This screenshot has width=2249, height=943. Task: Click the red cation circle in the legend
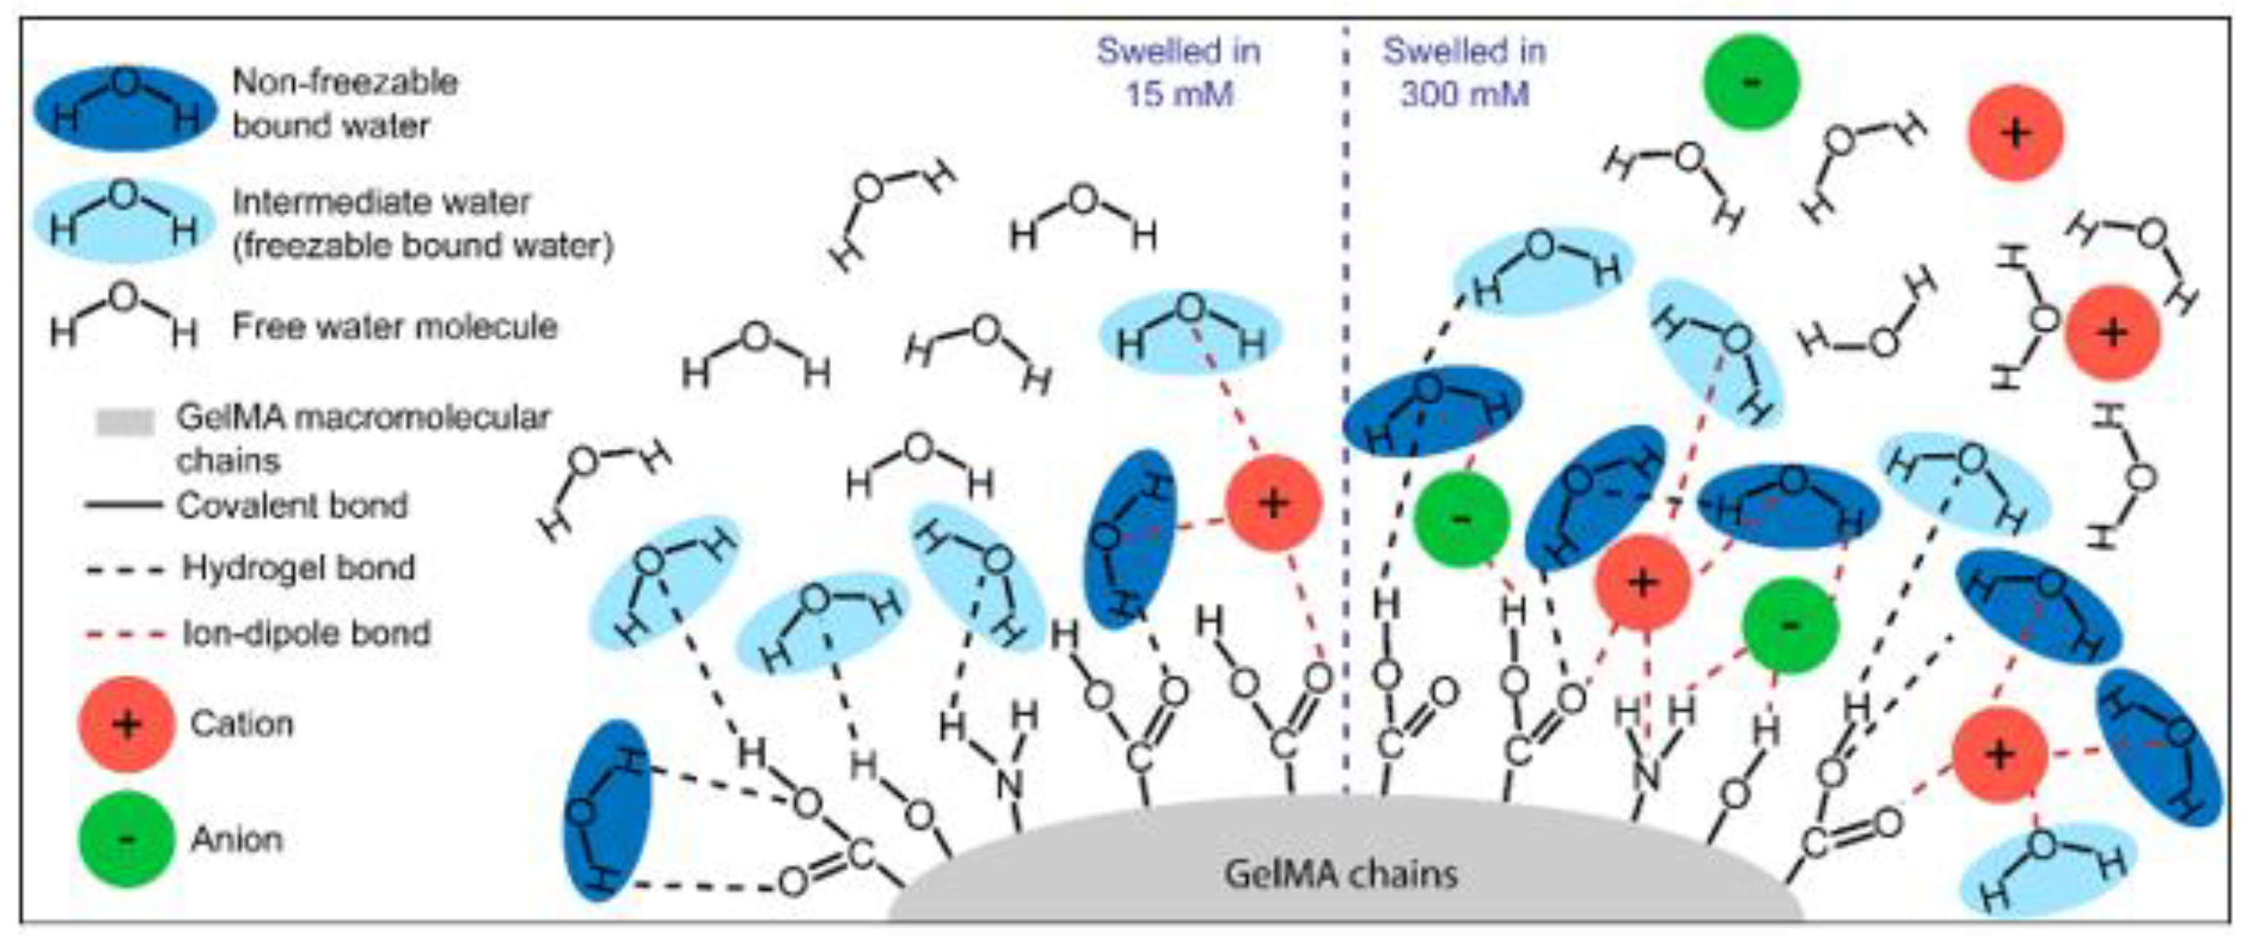click(x=126, y=724)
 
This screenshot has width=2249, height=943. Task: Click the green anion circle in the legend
click(x=126, y=839)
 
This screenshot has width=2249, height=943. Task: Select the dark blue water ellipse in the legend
click(x=124, y=107)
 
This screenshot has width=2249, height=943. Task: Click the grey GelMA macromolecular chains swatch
click(x=125, y=423)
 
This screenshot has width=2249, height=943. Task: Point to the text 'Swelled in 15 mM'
click(x=1179, y=72)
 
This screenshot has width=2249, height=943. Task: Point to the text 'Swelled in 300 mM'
click(x=1464, y=72)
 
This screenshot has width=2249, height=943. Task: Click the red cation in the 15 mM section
click(x=1273, y=503)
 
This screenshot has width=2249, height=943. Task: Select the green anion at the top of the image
click(x=1751, y=82)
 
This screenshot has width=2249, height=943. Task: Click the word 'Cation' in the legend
click(x=242, y=724)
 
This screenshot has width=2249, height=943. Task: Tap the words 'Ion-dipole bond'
click(x=306, y=633)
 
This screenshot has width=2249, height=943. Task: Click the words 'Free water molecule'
click(x=395, y=327)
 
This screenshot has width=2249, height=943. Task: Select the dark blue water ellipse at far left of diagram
click(x=607, y=809)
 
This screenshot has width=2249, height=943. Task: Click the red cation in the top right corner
click(x=2014, y=133)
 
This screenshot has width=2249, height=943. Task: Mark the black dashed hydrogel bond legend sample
click(x=125, y=570)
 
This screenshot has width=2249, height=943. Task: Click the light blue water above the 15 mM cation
click(x=1190, y=332)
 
